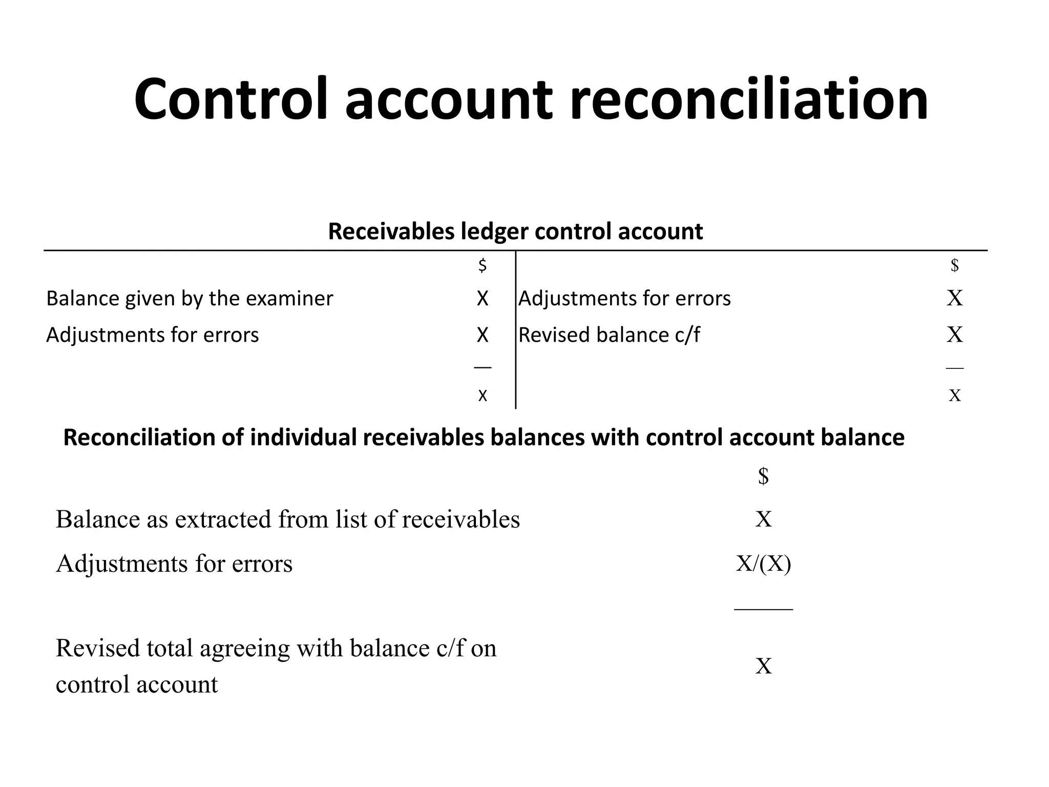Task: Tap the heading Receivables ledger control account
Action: [515, 231]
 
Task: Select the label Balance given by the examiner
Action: [190, 298]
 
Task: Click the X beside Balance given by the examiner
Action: [482, 298]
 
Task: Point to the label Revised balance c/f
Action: [609, 335]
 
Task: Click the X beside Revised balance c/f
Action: [955, 335]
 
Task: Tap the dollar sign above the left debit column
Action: [482, 265]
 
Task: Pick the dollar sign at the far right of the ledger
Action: [955, 265]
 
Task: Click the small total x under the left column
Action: [482, 395]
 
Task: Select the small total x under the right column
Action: [955, 395]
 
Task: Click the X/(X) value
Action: [763, 564]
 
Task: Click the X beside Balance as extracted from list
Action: [763, 519]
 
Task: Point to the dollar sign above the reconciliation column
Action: [763, 476]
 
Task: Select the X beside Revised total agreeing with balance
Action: [763, 666]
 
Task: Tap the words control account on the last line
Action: [137, 685]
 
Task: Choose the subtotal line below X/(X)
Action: [763, 609]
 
